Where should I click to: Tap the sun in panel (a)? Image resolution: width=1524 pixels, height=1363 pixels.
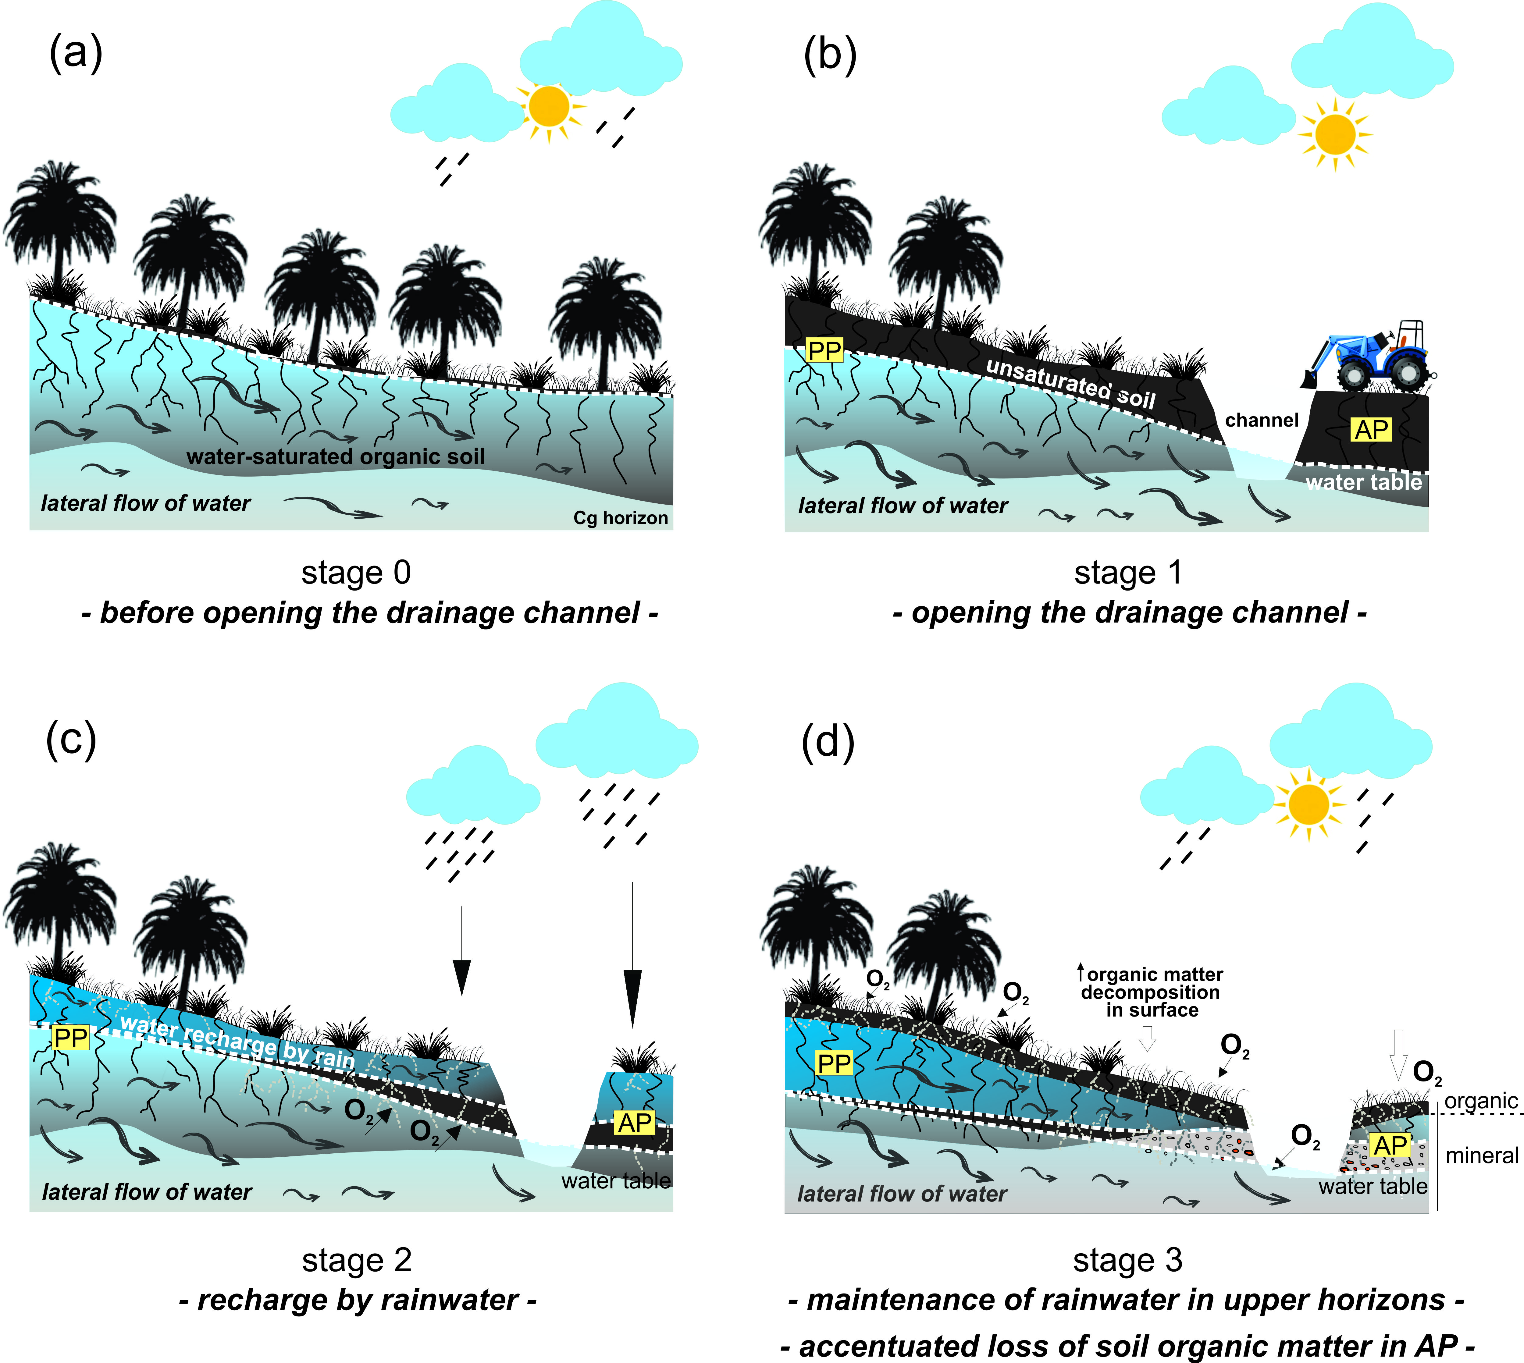548,106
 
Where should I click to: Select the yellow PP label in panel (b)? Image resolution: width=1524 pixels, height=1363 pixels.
824,350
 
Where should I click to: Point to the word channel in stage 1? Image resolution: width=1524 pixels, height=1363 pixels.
1262,420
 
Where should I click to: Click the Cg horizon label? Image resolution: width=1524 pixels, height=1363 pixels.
620,517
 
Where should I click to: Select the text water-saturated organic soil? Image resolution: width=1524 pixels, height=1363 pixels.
336,456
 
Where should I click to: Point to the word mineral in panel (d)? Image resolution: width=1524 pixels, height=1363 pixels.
1481,1155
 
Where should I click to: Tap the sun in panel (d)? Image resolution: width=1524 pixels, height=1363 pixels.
1308,804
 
